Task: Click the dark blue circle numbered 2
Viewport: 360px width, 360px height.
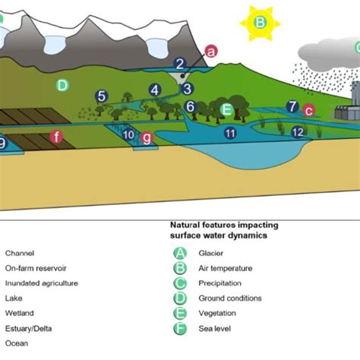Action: [180, 65]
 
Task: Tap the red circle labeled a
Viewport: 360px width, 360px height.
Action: [211, 51]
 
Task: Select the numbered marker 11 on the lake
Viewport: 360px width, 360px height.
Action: [230, 133]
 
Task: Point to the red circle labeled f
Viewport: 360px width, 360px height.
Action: [55, 137]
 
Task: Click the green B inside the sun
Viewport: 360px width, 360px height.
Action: [260, 22]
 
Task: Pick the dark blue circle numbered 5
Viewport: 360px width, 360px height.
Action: [100, 96]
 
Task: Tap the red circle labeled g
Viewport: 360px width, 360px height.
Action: [147, 137]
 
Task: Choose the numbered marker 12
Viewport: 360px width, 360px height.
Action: [298, 132]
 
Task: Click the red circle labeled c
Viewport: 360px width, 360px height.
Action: [308, 110]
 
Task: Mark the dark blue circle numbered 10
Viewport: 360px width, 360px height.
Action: [129, 134]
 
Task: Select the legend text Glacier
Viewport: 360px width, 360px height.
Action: [210, 253]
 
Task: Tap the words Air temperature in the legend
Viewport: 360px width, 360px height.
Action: [225, 268]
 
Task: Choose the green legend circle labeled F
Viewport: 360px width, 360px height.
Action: [180, 327]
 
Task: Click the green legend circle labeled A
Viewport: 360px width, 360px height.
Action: [180, 253]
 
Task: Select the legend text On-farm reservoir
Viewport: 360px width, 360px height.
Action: [36, 268]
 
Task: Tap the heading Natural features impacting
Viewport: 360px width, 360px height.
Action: [223, 226]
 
